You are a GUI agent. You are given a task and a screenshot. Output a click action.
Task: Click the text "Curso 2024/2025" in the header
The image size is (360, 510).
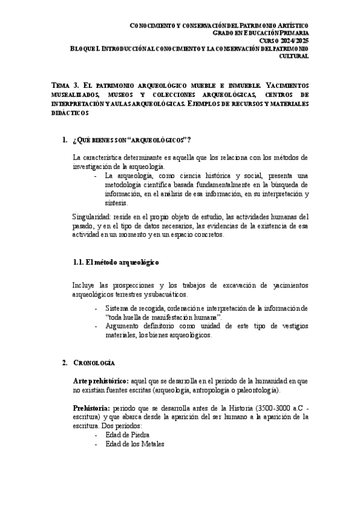(285, 40)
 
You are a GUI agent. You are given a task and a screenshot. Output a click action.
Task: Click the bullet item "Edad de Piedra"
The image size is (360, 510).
(127, 435)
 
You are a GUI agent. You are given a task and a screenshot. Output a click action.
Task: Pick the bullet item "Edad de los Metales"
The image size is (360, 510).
(134, 444)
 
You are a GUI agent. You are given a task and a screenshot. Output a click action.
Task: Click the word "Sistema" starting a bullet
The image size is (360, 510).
(118, 308)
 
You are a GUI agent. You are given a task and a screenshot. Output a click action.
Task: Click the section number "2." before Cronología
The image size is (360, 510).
(65, 363)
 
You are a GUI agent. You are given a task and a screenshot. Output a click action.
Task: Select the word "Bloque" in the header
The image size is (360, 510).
(84, 48)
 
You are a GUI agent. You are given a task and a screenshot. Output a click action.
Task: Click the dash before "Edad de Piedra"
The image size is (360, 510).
(97, 435)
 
